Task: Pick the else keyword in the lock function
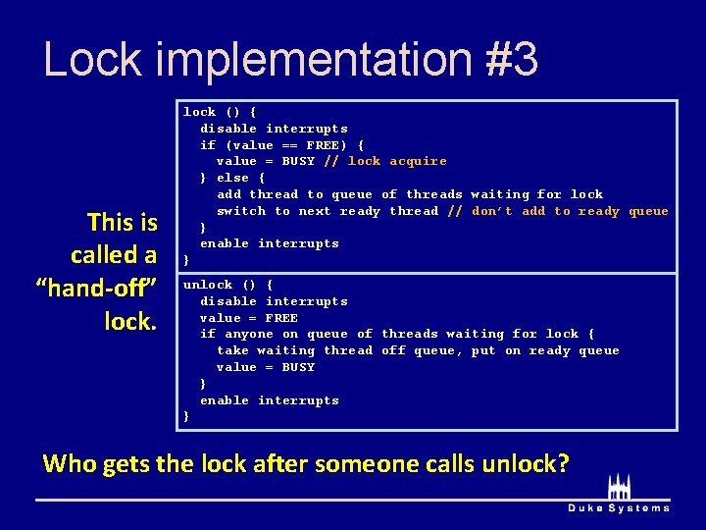point(232,178)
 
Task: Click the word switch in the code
point(241,211)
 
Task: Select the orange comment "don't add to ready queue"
point(570,211)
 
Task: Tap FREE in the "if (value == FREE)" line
point(323,145)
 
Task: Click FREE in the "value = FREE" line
point(281,318)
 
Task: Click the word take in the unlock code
point(232,350)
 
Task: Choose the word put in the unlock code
point(483,350)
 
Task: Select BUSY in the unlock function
point(298,367)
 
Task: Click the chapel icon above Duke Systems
point(619,487)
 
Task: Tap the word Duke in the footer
point(586,508)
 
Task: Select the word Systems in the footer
point(639,508)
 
